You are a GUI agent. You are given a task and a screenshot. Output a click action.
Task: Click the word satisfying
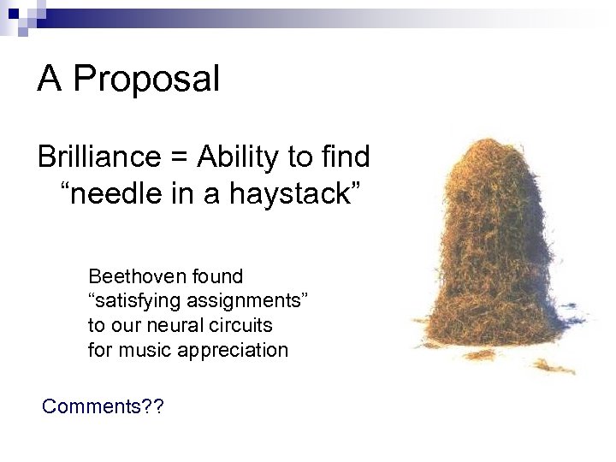pos(129,301)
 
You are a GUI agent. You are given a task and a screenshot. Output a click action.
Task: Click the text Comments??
pos(103,406)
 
